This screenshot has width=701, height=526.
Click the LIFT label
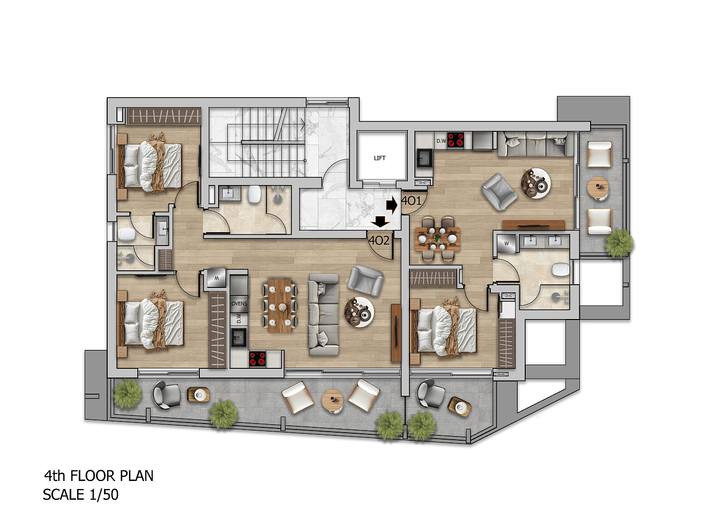point(379,158)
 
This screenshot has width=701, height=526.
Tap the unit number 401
point(412,201)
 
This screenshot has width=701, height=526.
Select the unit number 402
point(379,241)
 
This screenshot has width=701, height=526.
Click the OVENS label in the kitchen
point(239,303)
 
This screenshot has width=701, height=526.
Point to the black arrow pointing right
point(392,205)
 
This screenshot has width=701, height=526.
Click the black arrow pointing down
point(380,221)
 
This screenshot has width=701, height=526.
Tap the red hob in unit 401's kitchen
point(456,140)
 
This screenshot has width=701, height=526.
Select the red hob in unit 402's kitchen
point(257,359)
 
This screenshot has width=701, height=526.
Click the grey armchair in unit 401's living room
point(499,191)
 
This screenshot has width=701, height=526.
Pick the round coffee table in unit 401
point(536,183)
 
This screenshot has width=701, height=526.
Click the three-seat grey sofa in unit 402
point(323,315)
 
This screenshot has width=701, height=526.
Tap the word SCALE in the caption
point(63,495)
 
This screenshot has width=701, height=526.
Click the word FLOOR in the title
point(93,476)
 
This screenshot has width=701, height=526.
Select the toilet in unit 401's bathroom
point(561,269)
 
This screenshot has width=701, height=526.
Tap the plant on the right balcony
point(619,243)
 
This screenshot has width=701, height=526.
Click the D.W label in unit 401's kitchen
point(441,141)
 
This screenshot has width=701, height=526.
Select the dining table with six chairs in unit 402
point(280,306)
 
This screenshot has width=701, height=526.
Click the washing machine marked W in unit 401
point(506,243)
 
